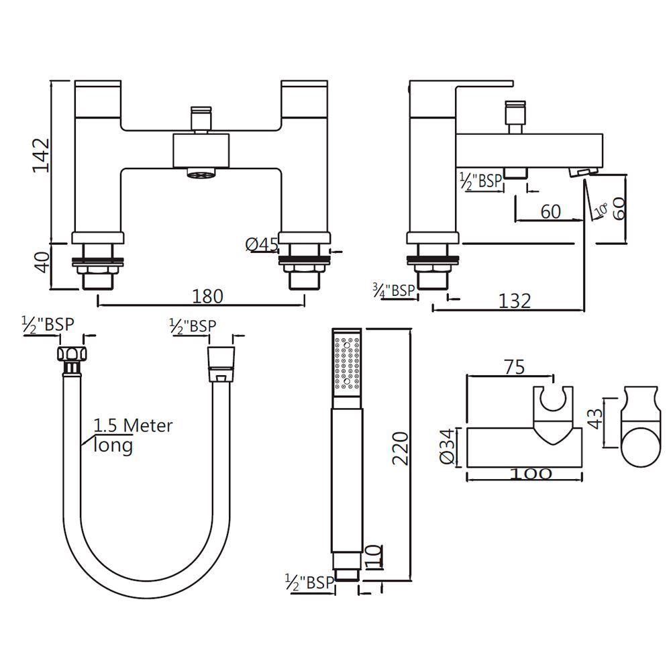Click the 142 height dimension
point(42,156)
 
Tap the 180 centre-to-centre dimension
point(207,296)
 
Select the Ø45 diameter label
point(262,245)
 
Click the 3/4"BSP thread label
point(393,290)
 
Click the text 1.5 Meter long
point(132,434)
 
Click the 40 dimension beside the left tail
point(42,261)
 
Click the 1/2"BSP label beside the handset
point(309,581)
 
